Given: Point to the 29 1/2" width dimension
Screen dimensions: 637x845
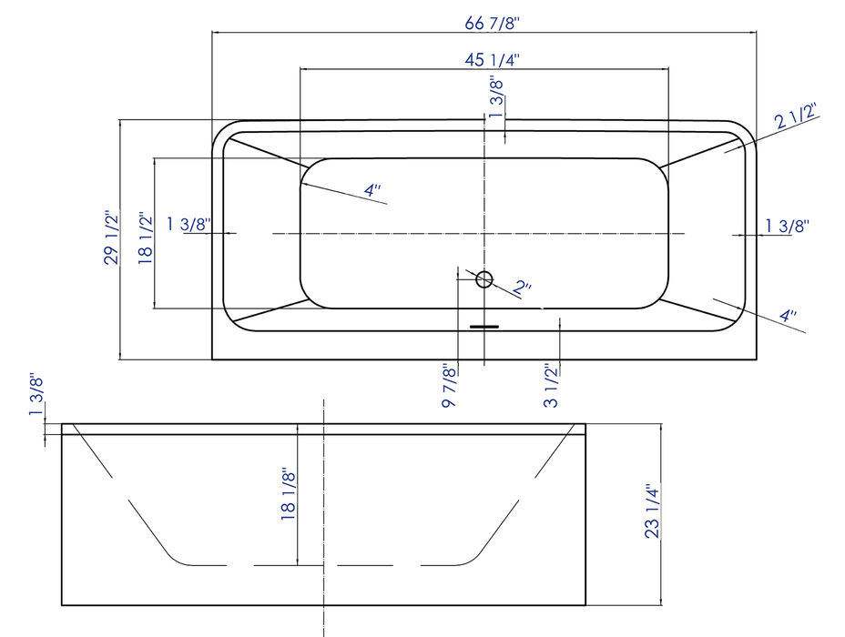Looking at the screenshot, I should [x=111, y=238].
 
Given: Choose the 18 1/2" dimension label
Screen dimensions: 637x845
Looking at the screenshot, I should [x=145, y=238].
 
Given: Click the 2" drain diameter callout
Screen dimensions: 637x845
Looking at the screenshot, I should [x=523, y=288].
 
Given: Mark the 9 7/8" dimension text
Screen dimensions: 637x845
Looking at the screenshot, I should [x=448, y=386].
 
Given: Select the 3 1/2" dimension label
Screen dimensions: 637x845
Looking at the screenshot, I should [x=550, y=386].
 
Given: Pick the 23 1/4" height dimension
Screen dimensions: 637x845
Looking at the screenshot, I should [x=652, y=511].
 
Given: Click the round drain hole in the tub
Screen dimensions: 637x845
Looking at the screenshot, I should [x=484, y=279].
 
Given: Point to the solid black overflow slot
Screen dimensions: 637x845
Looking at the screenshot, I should [x=484, y=324].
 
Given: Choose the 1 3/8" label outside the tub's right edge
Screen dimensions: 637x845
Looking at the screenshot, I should [x=787, y=225].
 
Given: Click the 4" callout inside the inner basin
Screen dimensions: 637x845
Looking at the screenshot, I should [x=372, y=190].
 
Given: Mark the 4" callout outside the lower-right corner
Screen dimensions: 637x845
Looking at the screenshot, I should [x=788, y=316].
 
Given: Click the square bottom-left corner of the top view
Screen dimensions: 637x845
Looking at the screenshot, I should [x=213, y=359].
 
